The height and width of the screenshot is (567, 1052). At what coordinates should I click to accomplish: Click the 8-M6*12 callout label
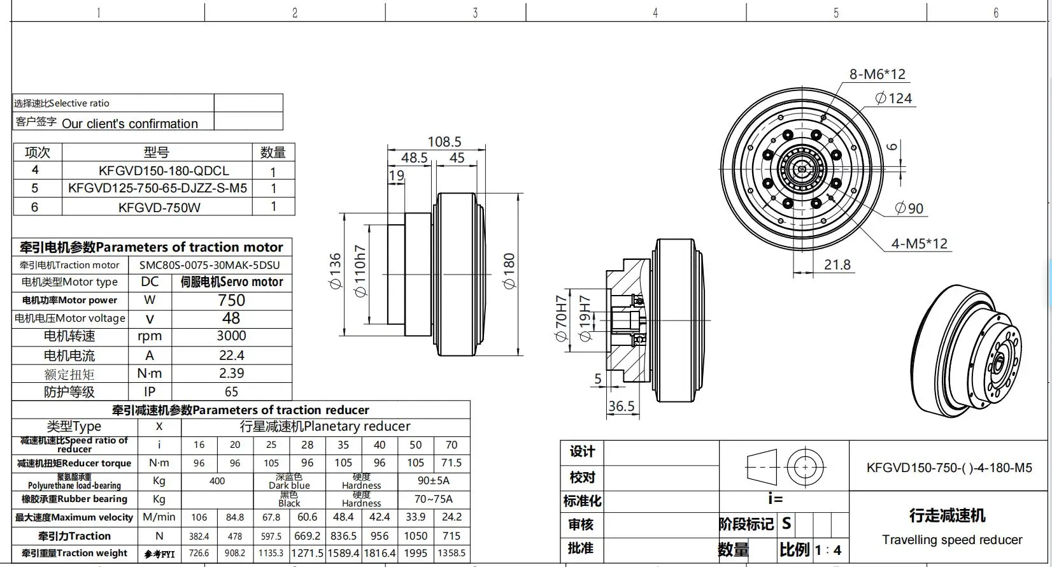point(877,75)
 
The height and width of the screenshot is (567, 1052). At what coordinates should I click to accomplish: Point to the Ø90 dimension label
point(909,208)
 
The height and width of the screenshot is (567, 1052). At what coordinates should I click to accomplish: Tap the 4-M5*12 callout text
point(919,243)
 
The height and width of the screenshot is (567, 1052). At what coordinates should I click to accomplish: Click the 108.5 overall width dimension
point(444,141)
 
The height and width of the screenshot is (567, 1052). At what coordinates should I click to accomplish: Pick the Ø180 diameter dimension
point(509,271)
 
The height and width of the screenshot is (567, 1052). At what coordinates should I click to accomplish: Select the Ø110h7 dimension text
point(360,271)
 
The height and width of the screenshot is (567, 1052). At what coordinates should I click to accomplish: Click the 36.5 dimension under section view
point(621,406)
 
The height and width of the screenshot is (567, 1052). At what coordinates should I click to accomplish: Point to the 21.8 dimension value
point(837,264)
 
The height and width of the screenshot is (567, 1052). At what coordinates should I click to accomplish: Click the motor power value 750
point(231,300)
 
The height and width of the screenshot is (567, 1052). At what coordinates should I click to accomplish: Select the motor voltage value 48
point(231,318)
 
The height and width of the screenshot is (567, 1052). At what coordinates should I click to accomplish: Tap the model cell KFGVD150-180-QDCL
point(164,171)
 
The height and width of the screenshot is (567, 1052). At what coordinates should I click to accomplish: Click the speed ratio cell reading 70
point(451,445)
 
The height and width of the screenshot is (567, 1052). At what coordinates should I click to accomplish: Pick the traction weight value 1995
point(415,553)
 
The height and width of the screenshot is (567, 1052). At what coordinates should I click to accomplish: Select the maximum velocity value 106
point(199,517)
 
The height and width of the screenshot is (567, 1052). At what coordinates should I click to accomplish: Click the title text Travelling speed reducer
point(951,540)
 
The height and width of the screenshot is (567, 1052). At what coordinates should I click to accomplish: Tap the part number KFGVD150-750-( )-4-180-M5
point(949,468)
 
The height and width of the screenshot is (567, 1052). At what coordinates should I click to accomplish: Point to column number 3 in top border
point(475,13)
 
